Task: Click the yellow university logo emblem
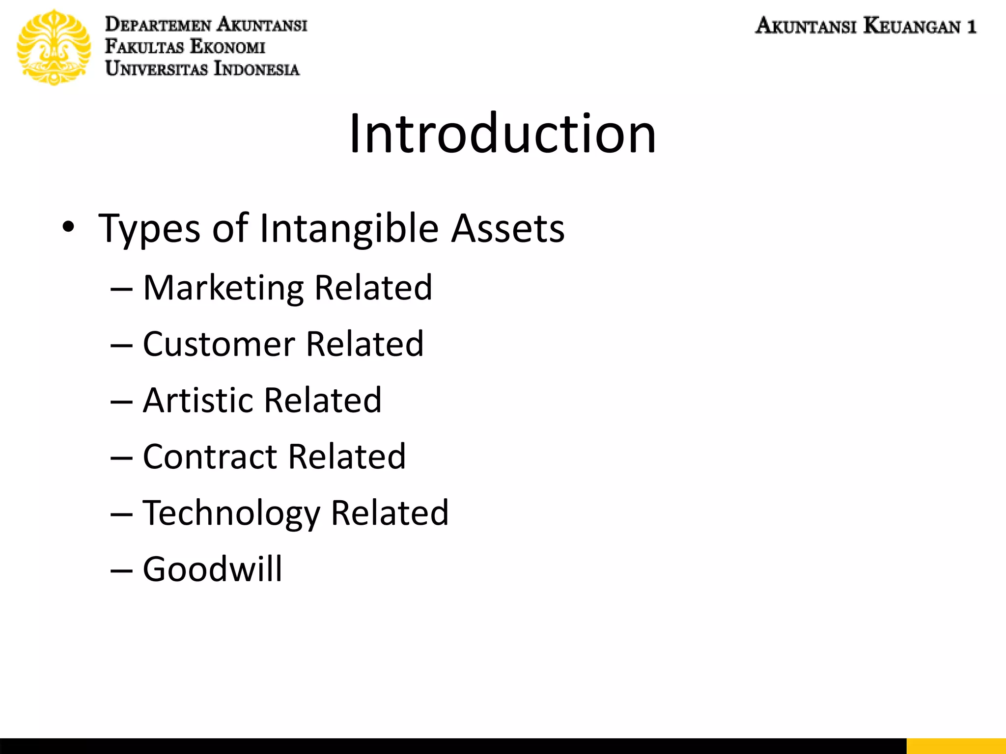point(54,47)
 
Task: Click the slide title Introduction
point(502,134)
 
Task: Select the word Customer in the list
point(219,344)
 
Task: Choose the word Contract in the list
point(210,457)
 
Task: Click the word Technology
point(231,513)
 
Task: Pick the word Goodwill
point(213,569)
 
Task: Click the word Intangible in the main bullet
point(349,229)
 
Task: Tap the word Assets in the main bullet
point(508,229)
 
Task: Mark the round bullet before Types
point(68,227)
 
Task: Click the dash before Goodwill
point(121,571)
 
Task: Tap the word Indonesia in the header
point(256,69)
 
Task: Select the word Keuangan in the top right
point(912,26)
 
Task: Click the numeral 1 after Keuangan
point(971,26)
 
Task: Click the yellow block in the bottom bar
point(956,746)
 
